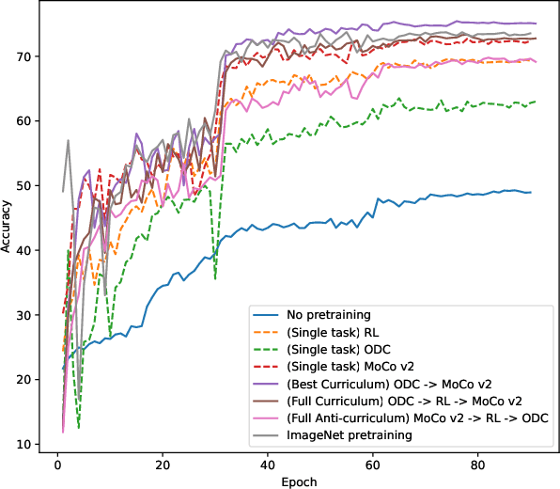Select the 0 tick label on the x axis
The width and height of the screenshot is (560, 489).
point(57,464)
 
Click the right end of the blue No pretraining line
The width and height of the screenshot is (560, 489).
point(531,193)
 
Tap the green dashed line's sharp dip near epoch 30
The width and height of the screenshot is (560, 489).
point(215,278)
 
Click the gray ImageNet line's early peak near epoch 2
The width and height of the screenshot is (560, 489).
point(68,141)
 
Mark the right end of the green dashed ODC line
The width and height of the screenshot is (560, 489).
point(536,102)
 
